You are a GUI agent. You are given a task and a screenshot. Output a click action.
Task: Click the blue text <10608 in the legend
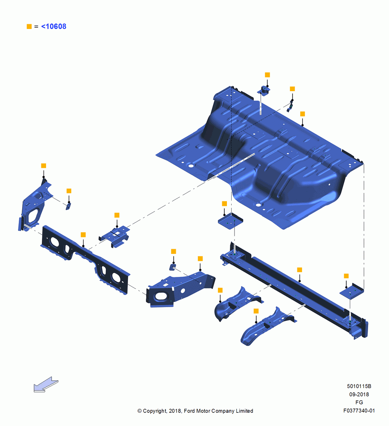pos(54,26)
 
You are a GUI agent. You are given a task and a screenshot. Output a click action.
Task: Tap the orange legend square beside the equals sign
pos(29,26)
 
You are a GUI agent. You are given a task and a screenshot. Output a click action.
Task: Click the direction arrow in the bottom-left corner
pos(46,384)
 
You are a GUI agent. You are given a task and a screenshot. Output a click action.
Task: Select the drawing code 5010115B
pos(359,386)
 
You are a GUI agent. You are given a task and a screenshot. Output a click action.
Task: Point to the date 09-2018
pos(359,394)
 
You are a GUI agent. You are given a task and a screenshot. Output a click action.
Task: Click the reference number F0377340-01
pos(359,411)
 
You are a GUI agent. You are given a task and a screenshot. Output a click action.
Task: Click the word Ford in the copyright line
pos(190,411)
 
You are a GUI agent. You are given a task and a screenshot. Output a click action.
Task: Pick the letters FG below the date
pos(359,403)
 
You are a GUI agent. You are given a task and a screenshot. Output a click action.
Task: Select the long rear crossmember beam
pos(294,291)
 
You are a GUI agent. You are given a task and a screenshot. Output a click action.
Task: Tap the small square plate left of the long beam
pos(230,221)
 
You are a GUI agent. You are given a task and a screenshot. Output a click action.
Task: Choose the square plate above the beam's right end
pos(352,291)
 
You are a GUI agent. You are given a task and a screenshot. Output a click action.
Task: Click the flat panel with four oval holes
pos(85,260)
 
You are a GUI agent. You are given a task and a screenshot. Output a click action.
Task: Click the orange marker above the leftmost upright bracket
pos(44,166)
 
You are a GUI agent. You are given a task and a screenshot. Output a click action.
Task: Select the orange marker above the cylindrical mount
pos(267,75)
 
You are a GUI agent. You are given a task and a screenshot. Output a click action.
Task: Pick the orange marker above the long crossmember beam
pos(299,270)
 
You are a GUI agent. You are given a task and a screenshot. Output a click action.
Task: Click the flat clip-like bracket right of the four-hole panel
pos(114,236)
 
